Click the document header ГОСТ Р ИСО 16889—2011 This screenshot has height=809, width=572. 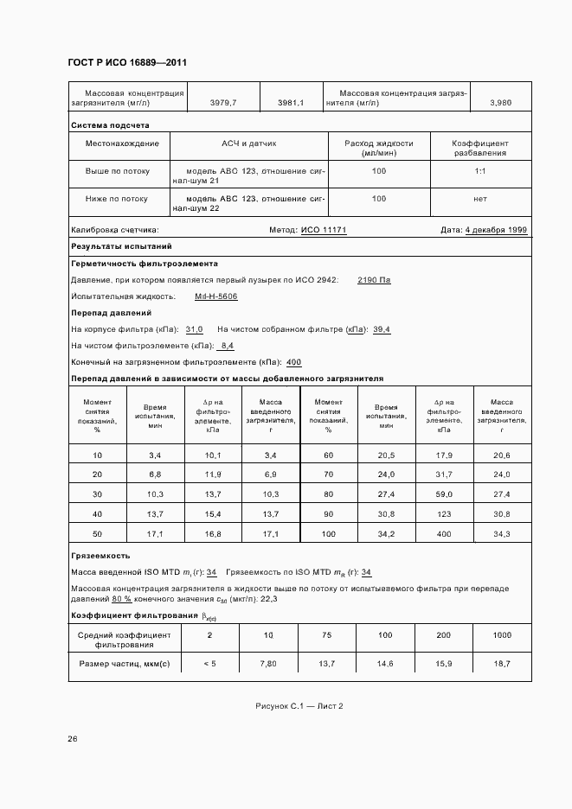point(126,63)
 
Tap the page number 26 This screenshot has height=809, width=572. point(73,739)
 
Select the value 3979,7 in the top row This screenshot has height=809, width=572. point(223,103)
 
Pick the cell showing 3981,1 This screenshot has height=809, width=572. point(291,103)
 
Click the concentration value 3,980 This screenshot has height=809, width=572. point(500,103)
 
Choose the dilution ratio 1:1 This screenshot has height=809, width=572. point(480,171)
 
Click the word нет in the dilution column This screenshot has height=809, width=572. point(480,199)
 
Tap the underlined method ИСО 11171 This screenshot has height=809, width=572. point(324,231)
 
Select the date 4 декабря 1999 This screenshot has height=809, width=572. point(496,231)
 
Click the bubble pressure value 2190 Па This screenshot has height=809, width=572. point(374,280)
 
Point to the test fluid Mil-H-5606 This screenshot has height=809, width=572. point(216,296)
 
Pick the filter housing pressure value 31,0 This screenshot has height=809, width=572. point(195,329)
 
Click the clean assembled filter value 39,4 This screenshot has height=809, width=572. point(382,329)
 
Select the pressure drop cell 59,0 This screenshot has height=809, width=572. point(444,494)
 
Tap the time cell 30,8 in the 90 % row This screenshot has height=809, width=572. point(386,514)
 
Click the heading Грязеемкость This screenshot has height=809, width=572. point(100,556)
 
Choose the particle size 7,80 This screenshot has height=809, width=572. point(267,663)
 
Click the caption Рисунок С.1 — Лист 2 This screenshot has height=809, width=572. point(299,706)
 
